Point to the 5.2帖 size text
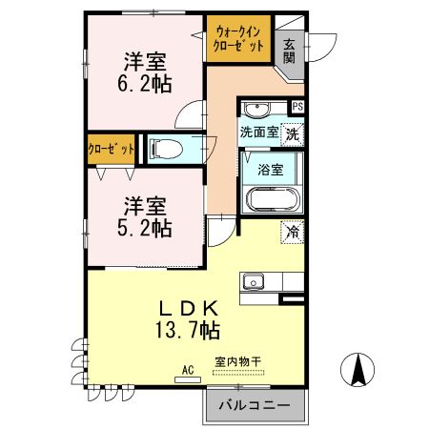click(x=144, y=229)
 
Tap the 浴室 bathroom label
click(x=271, y=171)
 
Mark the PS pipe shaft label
click(x=297, y=107)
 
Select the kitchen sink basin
click(x=254, y=280)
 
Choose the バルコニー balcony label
click(x=254, y=405)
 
